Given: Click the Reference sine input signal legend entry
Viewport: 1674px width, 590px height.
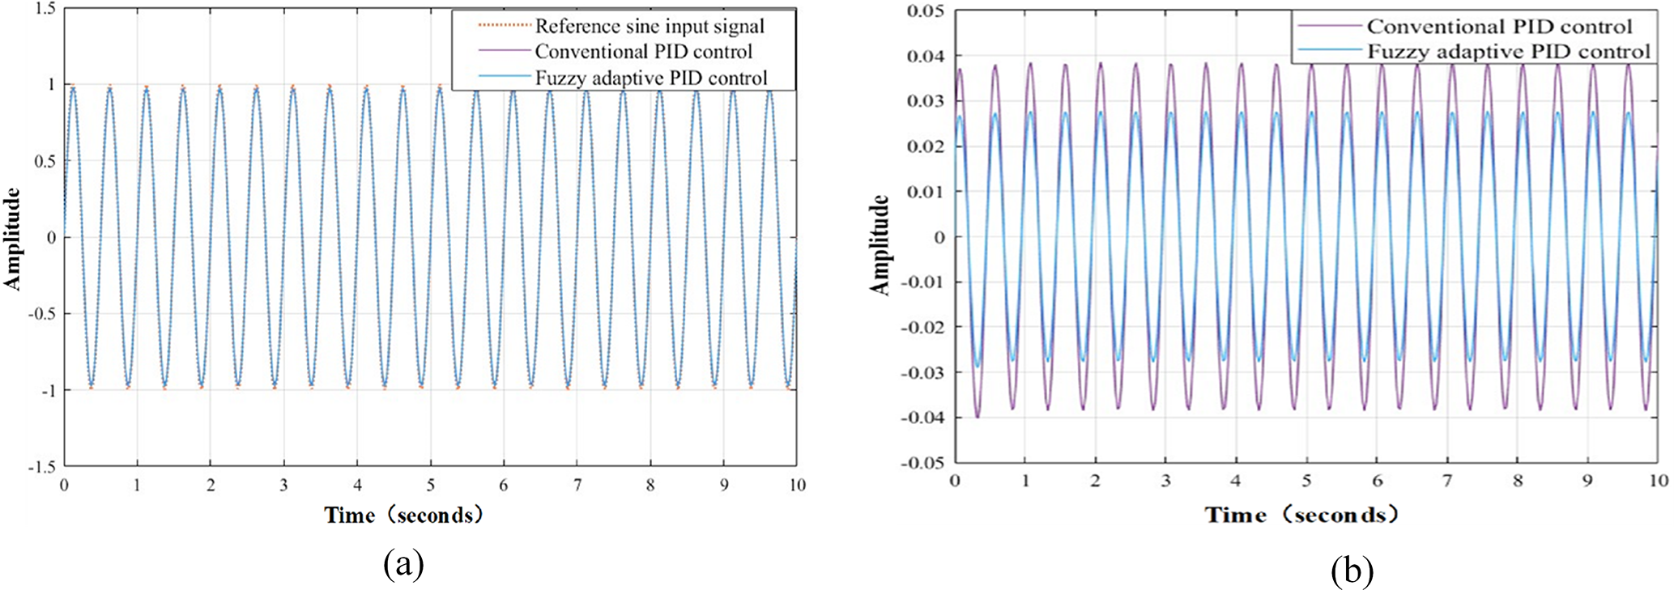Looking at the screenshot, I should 649,27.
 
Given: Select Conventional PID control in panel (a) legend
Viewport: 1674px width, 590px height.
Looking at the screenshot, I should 643,52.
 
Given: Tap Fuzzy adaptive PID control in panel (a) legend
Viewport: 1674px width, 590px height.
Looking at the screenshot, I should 650,79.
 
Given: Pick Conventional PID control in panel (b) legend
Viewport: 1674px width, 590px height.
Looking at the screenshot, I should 1499,27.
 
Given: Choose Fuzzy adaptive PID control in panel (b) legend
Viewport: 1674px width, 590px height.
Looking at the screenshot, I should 1508,52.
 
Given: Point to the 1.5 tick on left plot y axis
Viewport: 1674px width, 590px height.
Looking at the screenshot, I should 45,9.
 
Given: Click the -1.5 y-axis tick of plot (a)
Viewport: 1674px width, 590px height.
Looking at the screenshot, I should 42,467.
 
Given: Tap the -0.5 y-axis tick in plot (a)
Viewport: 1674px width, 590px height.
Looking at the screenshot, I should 42,314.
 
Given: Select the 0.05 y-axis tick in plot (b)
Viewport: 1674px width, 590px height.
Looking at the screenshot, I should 925,11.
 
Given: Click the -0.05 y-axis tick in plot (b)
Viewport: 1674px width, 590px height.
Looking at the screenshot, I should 922,463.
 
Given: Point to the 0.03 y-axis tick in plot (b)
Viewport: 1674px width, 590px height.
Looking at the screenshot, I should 925,101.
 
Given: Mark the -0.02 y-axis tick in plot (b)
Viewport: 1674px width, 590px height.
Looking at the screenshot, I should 922,327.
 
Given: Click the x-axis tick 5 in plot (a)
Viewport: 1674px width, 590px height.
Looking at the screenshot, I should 431,486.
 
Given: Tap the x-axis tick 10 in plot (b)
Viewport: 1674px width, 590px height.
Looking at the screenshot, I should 1658,481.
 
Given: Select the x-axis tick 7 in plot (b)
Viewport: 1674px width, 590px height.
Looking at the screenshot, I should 1446,481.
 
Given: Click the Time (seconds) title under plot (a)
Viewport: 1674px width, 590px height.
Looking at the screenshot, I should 403,515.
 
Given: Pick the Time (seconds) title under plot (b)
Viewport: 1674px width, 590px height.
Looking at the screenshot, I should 1301,515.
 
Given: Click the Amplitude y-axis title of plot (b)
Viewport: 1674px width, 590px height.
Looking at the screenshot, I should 880,244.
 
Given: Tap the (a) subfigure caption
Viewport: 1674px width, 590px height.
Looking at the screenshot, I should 403,564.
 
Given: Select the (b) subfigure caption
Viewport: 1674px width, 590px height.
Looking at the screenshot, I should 1352,571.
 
